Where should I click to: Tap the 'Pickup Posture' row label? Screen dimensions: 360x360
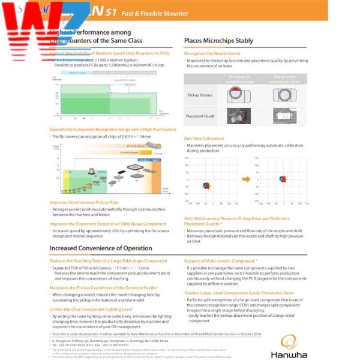click(x=200, y=95)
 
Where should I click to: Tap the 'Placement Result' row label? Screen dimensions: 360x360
click(x=200, y=116)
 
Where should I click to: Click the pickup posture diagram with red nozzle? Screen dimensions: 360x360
click(x=238, y=95)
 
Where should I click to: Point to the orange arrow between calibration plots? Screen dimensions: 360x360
click(x=246, y=178)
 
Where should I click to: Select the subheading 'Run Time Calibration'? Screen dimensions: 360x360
click(x=205, y=139)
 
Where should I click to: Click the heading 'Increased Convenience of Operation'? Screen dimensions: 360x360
click(x=101, y=248)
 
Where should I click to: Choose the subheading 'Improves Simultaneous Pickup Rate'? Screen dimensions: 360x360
click(x=84, y=202)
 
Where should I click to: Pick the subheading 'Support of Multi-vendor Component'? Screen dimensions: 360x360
click(x=220, y=261)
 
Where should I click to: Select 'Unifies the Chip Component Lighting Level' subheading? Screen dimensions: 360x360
click(x=91, y=309)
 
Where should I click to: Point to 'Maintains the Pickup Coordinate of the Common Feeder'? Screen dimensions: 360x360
click(x=103, y=288)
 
